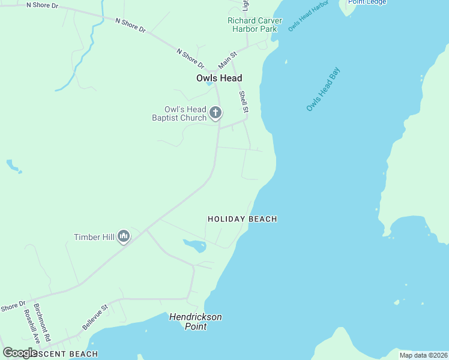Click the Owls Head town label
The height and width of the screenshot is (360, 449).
(219, 78)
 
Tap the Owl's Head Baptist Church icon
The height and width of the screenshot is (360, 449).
(215, 112)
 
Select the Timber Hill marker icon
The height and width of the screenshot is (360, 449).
(124, 237)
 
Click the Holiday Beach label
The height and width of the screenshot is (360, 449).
(242, 220)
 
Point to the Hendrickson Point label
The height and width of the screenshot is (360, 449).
(196, 322)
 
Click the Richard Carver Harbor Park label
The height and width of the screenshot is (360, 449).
(255, 25)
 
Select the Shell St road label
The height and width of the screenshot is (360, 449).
(244, 101)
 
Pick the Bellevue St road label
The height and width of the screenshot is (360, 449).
(95, 317)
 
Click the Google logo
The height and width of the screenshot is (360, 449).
(20, 353)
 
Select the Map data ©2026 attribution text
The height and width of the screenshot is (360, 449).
(423, 355)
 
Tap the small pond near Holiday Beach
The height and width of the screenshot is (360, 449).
(194, 245)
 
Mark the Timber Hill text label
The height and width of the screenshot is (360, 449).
(94, 237)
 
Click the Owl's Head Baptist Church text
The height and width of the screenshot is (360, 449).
(179, 113)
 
